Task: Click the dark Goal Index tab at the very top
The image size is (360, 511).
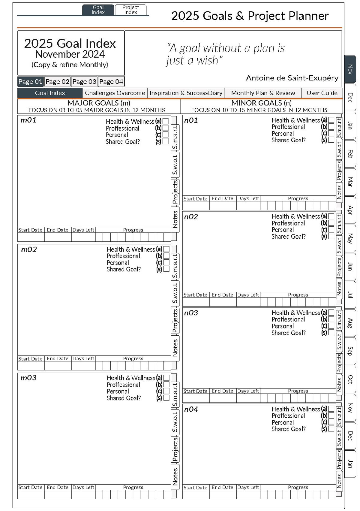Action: pos(98,10)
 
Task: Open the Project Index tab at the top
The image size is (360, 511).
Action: pos(130,10)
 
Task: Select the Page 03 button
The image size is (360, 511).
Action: pos(84,82)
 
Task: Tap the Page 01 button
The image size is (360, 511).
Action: pos(30,82)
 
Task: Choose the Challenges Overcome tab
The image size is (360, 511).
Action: pos(115,93)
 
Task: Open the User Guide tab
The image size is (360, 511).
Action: pos(322,93)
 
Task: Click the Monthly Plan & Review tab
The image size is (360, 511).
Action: pos(263,93)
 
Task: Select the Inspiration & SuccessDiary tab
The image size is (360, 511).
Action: pos(186,93)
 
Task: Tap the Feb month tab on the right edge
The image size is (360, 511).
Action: pos(350,154)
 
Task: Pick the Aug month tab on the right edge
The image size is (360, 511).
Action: pos(350,323)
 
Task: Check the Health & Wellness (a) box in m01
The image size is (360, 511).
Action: pos(166,121)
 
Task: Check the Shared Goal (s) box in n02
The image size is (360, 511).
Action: pos(331,236)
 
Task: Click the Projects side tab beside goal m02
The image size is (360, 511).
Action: pos(175,321)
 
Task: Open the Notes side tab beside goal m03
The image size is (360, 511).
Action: pos(175,476)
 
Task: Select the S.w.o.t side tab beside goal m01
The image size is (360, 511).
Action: pos(175,165)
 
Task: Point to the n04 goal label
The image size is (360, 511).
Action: pos(191,409)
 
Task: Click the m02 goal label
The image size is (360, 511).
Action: pos(29,249)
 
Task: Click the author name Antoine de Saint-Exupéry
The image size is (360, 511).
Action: pos(292,78)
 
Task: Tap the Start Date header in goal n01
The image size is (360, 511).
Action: pos(195,199)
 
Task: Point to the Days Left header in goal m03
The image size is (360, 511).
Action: pos(83,487)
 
